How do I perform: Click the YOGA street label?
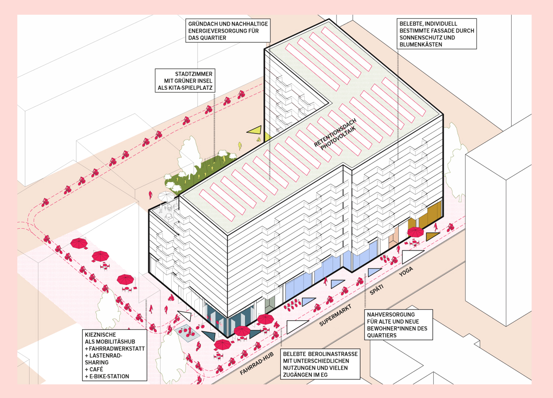click(x=406, y=272)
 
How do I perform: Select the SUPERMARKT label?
click(x=335, y=315)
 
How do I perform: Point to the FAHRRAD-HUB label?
click(x=257, y=363)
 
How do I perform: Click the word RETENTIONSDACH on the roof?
click(x=335, y=133)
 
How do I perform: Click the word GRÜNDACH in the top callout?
click(x=203, y=24)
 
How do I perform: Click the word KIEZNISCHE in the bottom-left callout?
click(x=100, y=335)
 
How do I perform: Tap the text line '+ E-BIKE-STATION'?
click(x=107, y=376)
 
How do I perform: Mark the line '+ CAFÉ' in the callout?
click(x=94, y=369)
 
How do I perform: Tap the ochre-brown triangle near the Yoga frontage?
click(x=432, y=236)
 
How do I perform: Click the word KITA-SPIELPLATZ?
click(x=185, y=88)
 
